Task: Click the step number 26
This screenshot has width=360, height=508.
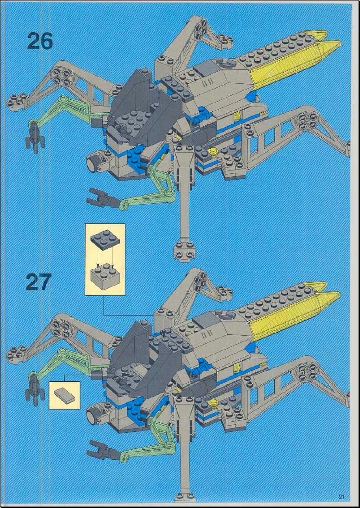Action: point(40,42)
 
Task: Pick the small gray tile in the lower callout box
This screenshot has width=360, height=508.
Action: point(65,395)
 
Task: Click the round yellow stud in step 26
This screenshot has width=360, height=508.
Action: point(213,151)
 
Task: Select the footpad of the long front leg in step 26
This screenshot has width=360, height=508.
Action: point(184,250)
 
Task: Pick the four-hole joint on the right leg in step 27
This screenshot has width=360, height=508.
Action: point(308,371)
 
